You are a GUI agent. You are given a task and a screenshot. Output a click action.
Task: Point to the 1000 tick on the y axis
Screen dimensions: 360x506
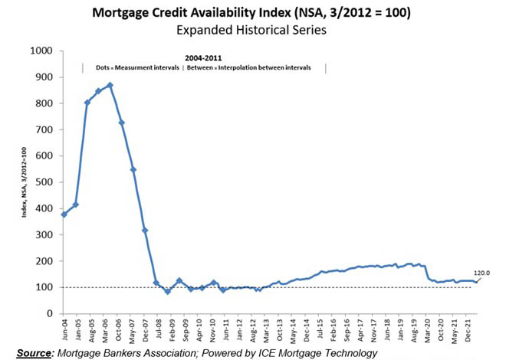41,51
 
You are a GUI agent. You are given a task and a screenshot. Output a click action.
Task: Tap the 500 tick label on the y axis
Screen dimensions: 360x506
43,182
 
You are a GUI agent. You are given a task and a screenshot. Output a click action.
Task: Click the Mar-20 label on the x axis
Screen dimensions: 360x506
425,330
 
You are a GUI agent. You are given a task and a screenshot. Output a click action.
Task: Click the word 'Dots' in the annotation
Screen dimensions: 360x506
104,67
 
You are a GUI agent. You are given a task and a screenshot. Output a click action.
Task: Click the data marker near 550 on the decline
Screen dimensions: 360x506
133,169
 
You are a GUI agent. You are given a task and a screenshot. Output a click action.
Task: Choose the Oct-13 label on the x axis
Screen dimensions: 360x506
281,330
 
